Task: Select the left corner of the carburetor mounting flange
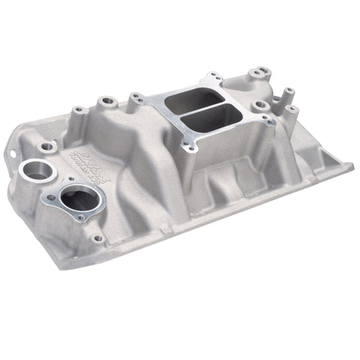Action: point(136,97)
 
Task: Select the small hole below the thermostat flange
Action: point(97,238)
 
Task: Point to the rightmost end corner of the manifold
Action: point(352,166)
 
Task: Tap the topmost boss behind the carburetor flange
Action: point(261,71)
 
